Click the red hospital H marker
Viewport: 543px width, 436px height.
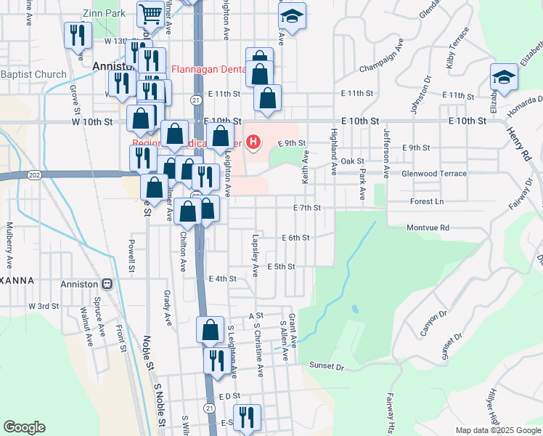tap(253, 141)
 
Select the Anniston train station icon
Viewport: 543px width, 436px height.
tap(107, 283)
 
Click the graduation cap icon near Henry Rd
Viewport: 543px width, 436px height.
tap(504, 77)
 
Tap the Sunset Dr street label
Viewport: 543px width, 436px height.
tap(327, 366)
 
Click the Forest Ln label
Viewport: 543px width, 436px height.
tap(426, 201)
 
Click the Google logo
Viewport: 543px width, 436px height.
tap(24, 427)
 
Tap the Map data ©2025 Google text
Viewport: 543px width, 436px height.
tap(498, 430)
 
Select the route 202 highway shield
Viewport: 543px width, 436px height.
tap(35, 175)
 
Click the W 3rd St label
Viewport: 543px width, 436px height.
tap(44, 307)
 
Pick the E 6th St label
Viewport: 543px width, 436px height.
tap(295, 238)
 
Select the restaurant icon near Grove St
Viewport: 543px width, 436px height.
tap(77, 35)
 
